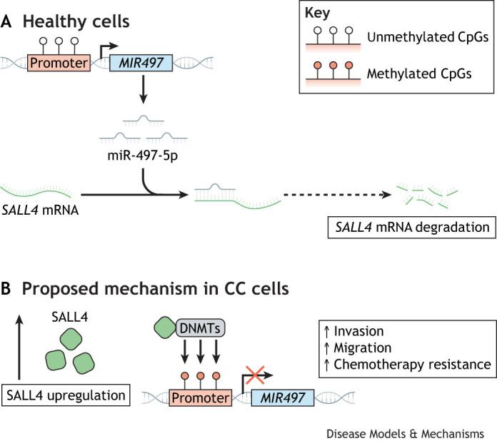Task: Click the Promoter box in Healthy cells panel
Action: [x=59, y=64]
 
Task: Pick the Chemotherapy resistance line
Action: [x=405, y=364]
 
